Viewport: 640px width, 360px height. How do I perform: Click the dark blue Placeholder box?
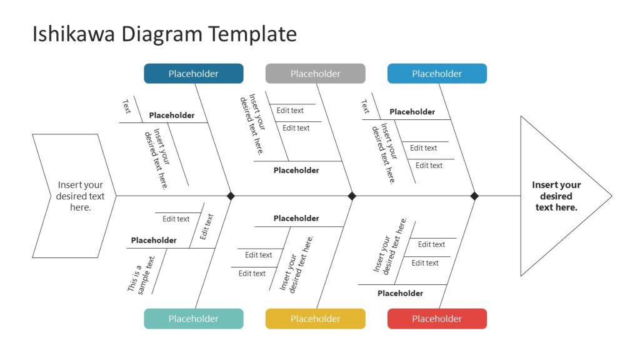194,74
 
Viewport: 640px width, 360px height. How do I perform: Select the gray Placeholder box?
315,74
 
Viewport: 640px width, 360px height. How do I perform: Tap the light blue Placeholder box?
437,74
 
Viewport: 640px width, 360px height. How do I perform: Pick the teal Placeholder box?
194,319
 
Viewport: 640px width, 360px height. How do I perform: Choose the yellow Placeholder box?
315,319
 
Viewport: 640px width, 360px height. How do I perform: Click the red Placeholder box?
437,319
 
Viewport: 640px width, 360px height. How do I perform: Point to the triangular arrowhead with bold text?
556,196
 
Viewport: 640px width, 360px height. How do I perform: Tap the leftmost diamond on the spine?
231,196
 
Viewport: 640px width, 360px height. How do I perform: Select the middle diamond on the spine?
352,196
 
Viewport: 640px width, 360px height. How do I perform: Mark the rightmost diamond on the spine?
474,196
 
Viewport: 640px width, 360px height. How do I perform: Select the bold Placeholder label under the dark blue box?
172,116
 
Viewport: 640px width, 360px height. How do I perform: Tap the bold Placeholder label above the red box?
400,293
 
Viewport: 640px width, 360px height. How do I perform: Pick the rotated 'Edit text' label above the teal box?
207,227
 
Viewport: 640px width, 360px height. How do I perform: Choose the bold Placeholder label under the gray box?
296,171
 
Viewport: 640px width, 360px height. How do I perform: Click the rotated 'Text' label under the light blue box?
365,106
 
